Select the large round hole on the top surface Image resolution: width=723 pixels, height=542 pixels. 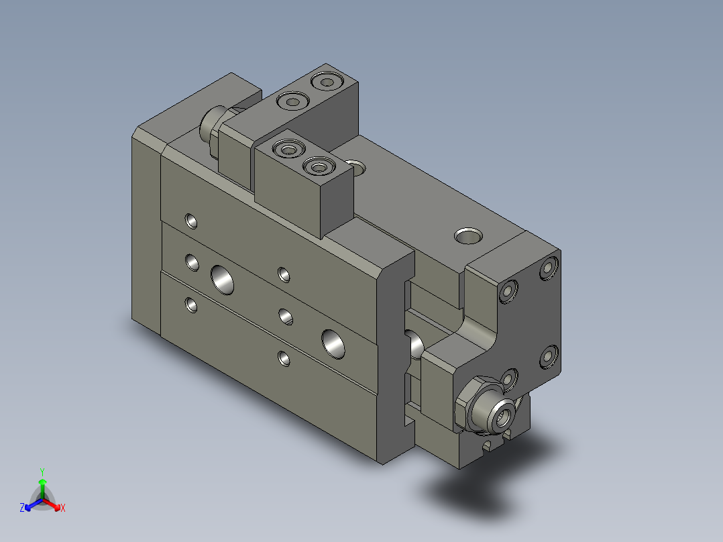click(467, 235)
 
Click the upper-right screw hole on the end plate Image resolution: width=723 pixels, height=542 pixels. click(549, 268)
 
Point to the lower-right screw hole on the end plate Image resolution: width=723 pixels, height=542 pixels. click(549, 357)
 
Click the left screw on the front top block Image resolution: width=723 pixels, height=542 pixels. click(289, 148)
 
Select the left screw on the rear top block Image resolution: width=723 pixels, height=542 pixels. click(293, 102)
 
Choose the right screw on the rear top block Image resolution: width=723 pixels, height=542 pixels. click(327, 82)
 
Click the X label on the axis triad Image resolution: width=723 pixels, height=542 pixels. click(62, 508)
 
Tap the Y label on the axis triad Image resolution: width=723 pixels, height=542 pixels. click(42, 472)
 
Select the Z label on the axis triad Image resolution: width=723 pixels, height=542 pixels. click(22, 508)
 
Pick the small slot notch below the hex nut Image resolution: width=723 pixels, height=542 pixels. click(488, 445)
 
